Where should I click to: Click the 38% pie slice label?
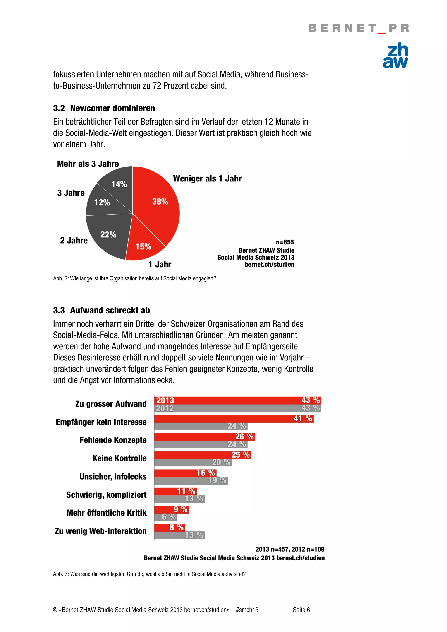pos(160,202)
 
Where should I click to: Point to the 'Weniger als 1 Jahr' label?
pos(207,178)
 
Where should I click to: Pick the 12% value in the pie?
pos(102,202)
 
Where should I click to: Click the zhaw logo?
pos(395,55)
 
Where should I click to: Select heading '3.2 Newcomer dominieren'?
pos(104,108)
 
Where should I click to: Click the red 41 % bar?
pos(234,418)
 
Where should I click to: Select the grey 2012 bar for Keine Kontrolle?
pos(193,462)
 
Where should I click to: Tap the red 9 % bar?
pos(171,509)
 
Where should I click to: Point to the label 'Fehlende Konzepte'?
pos(113,440)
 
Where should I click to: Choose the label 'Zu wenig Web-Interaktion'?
pos(101,531)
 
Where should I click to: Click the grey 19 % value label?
pos(217,480)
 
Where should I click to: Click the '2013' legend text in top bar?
pos(165,400)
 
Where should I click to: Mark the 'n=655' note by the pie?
pos(285,242)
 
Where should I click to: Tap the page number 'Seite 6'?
pos(301,610)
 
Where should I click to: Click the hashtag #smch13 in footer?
pos(247,610)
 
